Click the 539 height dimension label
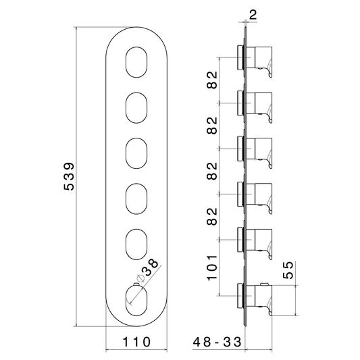69,176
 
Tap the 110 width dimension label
136,342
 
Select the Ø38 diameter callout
148,270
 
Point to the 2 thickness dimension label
253,15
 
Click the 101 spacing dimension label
212,267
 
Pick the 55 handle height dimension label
288,270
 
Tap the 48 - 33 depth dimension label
217,342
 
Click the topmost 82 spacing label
212,80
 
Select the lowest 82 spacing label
212,217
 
